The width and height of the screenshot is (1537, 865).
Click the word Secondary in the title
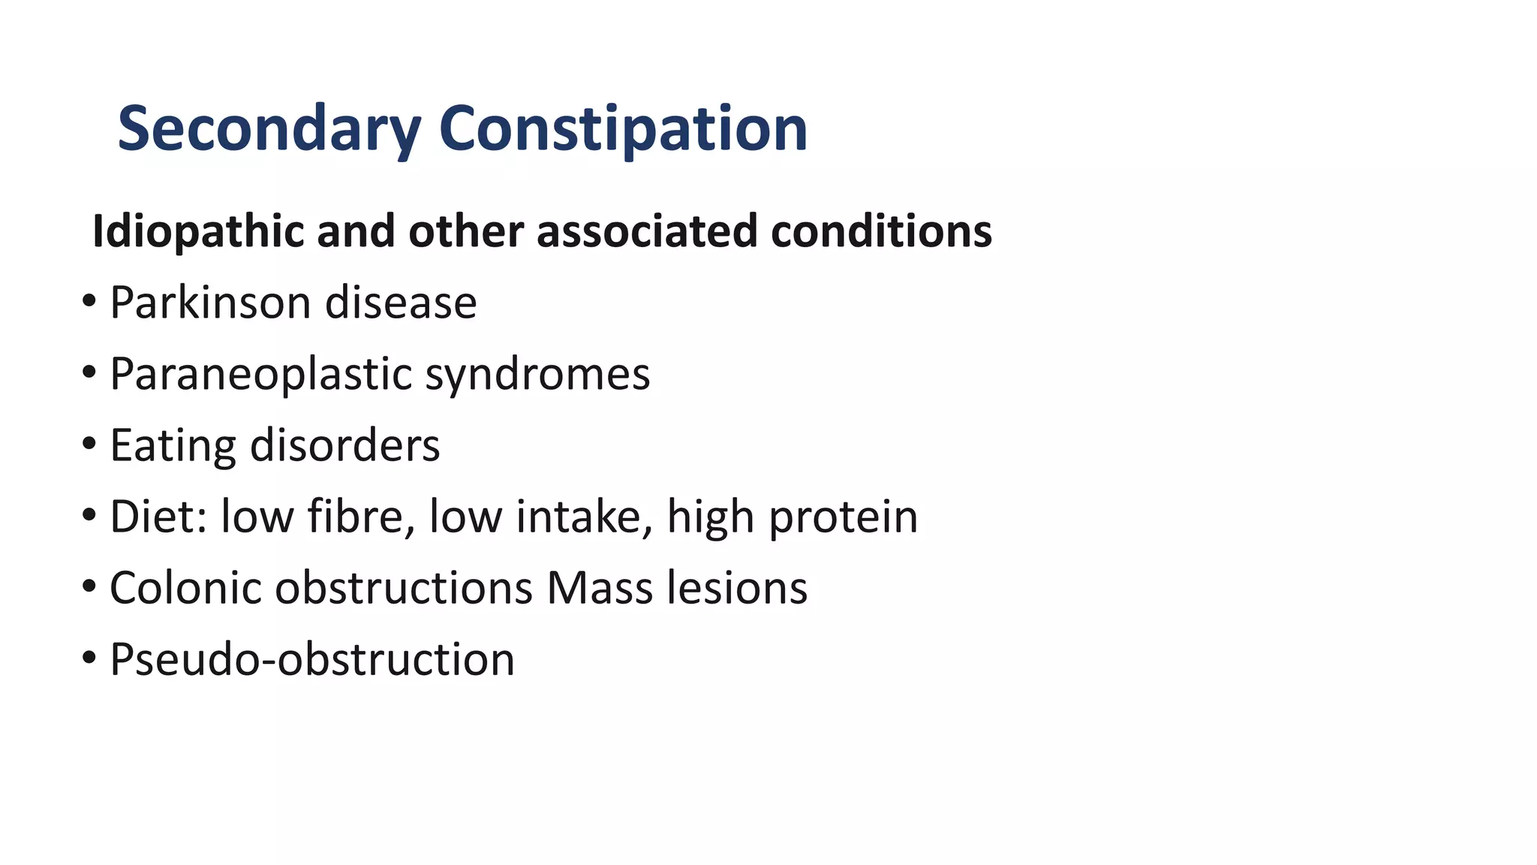pyautogui.click(x=269, y=129)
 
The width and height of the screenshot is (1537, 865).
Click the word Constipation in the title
pyautogui.click(x=622, y=129)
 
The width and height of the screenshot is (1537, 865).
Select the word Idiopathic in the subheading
pyautogui.click(x=197, y=231)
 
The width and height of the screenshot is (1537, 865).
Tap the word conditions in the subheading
pyautogui.click(x=881, y=231)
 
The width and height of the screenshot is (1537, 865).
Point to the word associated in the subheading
pyautogui.click(x=647, y=231)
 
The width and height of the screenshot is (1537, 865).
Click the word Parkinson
pyautogui.click(x=210, y=303)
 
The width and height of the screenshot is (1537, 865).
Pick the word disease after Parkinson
pyautogui.click(x=401, y=303)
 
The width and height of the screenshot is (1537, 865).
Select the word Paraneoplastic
pyautogui.click(x=260, y=374)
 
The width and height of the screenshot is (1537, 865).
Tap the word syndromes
pyautogui.click(x=537, y=374)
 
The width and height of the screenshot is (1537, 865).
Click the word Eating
pyautogui.click(x=173, y=445)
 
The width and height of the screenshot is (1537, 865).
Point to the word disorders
pyautogui.click(x=344, y=445)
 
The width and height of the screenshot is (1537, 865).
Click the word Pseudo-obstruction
pyautogui.click(x=312, y=659)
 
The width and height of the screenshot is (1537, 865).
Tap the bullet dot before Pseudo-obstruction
pyautogui.click(x=89, y=658)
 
